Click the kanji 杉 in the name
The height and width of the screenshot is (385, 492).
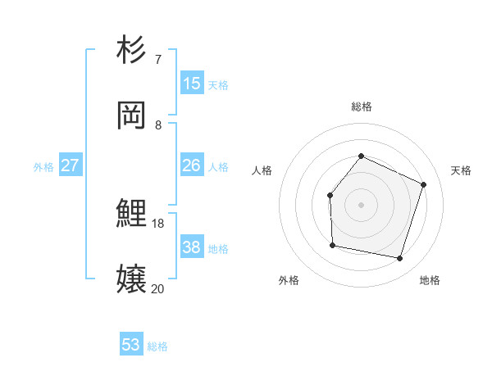[131, 50]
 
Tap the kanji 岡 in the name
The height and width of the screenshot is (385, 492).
[131, 115]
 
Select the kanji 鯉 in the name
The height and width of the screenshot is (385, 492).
[131, 214]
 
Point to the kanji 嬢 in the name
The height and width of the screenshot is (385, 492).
[131, 279]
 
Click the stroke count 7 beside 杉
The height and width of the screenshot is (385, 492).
[157, 60]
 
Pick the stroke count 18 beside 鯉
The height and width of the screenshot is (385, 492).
[158, 223]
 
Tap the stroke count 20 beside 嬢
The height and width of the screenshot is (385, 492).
[158, 288]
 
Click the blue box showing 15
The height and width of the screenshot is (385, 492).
[192, 83]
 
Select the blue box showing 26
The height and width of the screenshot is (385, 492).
[192, 165]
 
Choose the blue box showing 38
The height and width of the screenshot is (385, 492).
[192, 247]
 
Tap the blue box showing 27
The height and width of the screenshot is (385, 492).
[70, 165]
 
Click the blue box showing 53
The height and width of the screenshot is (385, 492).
[131, 345]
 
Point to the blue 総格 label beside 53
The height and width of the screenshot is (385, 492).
[157, 346]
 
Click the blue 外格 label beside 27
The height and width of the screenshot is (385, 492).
[43, 167]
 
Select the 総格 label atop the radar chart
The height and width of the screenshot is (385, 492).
[361, 106]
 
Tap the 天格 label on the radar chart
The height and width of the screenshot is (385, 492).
[461, 170]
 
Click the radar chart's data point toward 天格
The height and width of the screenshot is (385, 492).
[424, 184]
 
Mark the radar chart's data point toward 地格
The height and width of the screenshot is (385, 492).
[399, 258]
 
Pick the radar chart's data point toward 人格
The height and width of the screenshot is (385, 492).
[330, 195]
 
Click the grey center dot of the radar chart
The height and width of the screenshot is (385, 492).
[361, 205]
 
